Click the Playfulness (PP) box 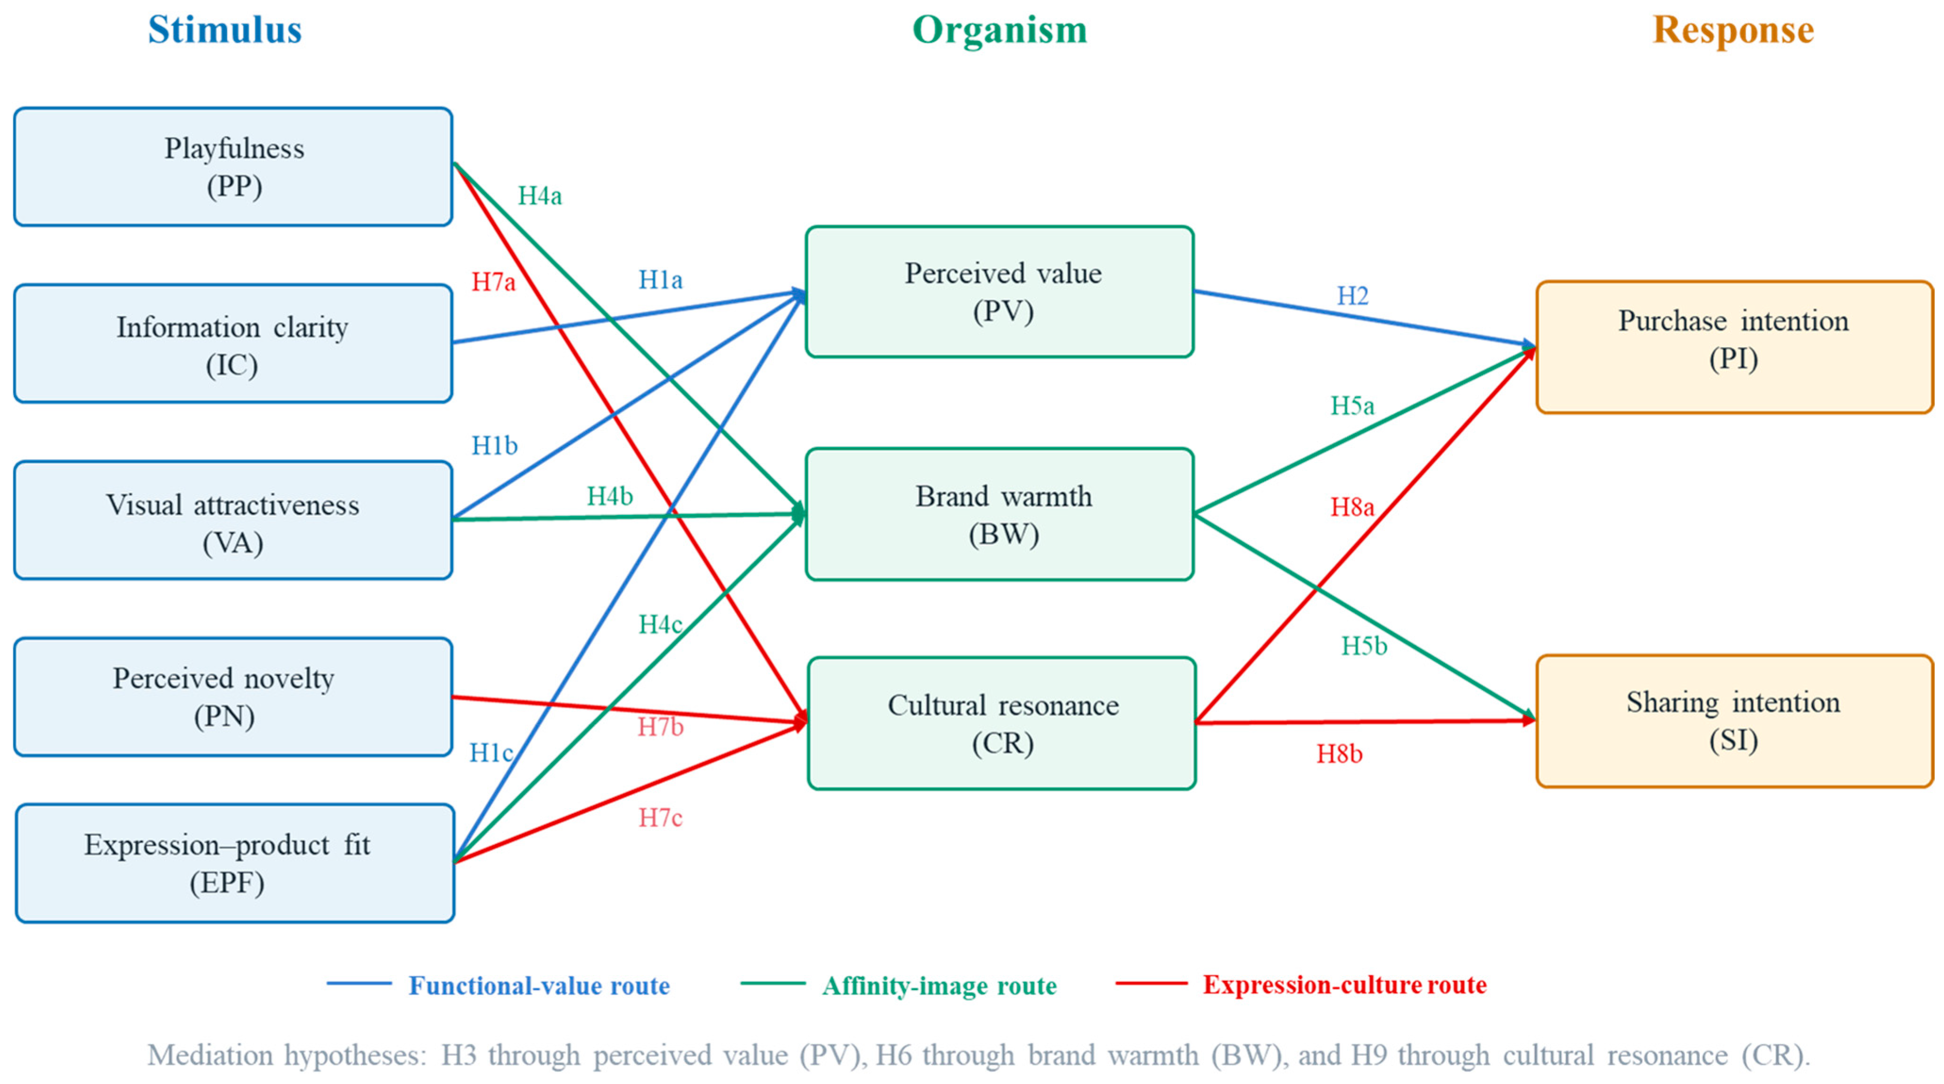pyautogui.click(x=233, y=167)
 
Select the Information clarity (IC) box pyautogui.click(x=233, y=343)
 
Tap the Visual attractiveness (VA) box pyautogui.click(x=233, y=520)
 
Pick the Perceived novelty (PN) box pyautogui.click(x=233, y=697)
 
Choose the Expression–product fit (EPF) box pyautogui.click(x=235, y=863)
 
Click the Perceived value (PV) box pyautogui.click(x=1000, y=291)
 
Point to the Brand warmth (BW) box pyautogui.click(x=1000, y=514)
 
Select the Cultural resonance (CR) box pyautogui.click(x=1001, y=723)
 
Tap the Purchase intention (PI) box pyautogui.click(x=1734, y=347)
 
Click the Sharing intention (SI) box pyautogui.click(x=1734, y=721)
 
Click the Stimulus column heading pyautogui.click(x=225, y=30)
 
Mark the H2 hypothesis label pyautogui.click(x=1352, y=295)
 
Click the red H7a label pyautogui.click(x=494, y=281)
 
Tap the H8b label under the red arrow pyautogui.click(x=1340, y=753)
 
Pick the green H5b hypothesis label pyautogui.click(x=1364, y=645)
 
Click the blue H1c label pyautogui.click(x=491, y=752)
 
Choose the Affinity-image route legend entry pyautogui.click(x=898, y=985)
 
